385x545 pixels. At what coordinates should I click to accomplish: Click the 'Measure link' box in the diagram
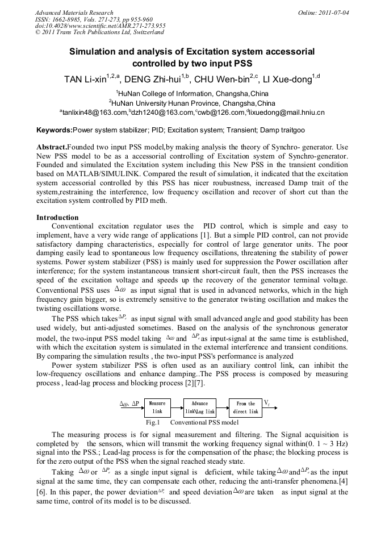tap(157, 407)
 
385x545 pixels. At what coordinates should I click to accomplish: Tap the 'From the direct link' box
tap(246, 407)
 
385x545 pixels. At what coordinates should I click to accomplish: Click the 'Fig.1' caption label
tap(153, 423)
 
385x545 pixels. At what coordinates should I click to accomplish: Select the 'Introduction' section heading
tap(57, 217)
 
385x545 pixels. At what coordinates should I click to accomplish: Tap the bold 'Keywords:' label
tap(55, 130)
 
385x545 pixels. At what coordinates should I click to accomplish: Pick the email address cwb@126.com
tap(219, 113)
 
